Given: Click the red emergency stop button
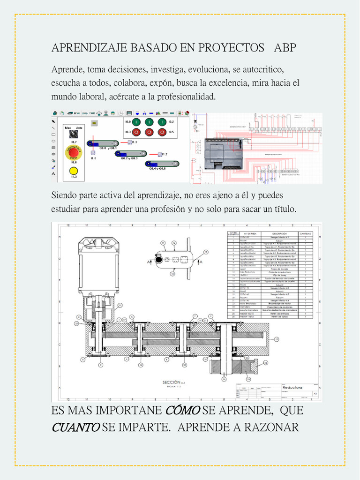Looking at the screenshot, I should pos(74,152).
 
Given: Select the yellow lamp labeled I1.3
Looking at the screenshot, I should pos(74,171).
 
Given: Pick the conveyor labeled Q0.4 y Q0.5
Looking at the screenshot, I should pos(162,164).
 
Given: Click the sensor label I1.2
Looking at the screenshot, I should pos(165,154).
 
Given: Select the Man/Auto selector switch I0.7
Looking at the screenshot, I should pos(74,134).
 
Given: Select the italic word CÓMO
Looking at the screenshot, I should pos(183,410).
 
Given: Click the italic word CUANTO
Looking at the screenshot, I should pos(75,427).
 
